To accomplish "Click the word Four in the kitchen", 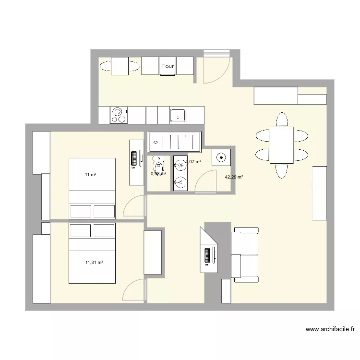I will [168, 66].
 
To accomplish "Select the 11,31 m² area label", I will [94, 263].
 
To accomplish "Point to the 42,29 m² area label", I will [234, 177].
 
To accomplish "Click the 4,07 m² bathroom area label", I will [193, 162].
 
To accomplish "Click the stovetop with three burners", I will [118, 115].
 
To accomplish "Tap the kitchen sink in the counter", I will [178, 115].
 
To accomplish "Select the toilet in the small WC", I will [158, 165].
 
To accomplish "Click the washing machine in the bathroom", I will [222, 157].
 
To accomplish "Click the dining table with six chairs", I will [281, 145].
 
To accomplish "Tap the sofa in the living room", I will [245, 253].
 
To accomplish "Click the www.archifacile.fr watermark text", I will [330, 329].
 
